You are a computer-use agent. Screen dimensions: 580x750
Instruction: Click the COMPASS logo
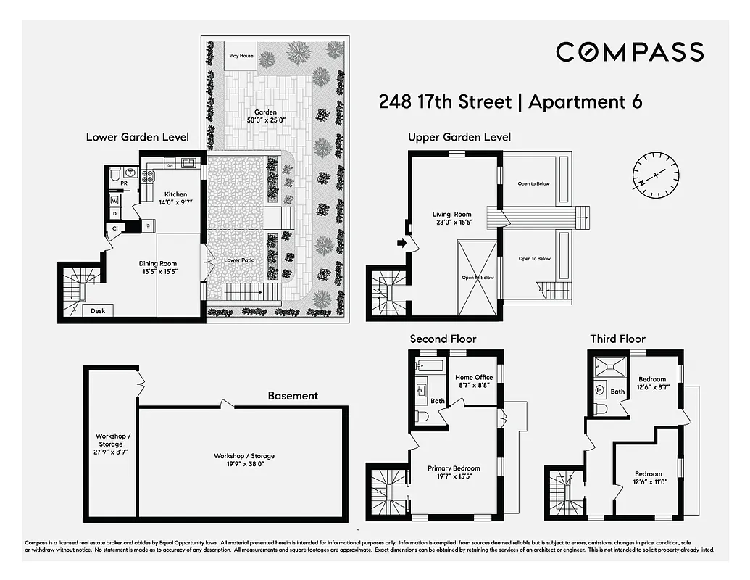(629, 51)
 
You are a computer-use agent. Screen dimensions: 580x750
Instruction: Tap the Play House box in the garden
(241, 55)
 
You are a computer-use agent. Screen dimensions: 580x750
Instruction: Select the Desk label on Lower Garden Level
(98, 311)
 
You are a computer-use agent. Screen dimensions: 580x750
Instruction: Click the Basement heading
(293, 396)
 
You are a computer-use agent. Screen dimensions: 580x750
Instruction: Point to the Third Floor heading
(617, 339)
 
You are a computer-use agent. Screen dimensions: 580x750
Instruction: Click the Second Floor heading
(443, 339)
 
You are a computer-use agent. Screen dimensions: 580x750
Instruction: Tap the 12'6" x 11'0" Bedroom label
(649, 478)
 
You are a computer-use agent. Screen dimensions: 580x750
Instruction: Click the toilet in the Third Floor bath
(600, 409)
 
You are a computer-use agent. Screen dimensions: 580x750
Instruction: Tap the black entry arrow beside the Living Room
(401, 244)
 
